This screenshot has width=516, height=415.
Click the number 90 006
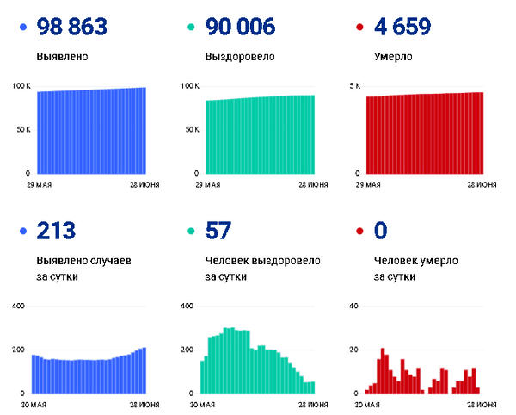point(242,27)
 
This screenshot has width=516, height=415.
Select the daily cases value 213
point(57,231)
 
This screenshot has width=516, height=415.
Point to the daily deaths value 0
point(382,231)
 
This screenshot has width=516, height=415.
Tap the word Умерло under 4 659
point(393,58)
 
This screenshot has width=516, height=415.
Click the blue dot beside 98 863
point(22,28)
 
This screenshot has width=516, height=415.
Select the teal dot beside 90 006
point(191,28)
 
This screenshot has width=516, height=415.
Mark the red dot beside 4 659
point(359,28)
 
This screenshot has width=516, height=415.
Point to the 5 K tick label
point(354,86)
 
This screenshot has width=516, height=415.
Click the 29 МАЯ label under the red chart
point(370,184)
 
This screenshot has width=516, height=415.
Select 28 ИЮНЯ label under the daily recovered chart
point(312,404)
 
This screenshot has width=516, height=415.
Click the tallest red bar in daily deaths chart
point(383,371)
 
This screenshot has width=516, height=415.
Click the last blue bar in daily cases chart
point(144,370)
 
